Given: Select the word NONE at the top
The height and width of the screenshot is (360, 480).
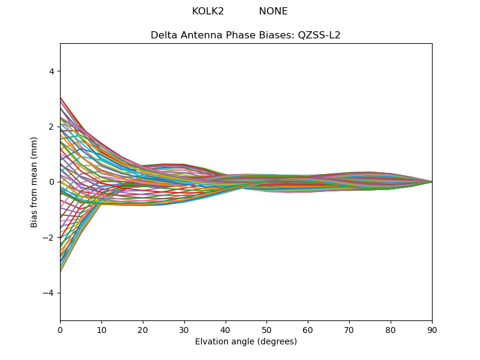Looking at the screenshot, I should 273,11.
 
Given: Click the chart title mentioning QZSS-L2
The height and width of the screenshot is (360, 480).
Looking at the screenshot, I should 245,35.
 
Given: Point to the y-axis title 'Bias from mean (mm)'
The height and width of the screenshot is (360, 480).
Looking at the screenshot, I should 35,182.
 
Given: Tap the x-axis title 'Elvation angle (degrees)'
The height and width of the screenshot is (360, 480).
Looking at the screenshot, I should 245,342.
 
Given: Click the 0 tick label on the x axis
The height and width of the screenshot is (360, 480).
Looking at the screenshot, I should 60,329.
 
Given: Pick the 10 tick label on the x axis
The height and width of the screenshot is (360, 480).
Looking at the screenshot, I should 101,329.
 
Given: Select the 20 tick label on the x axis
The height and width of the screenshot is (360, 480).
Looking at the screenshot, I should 143,329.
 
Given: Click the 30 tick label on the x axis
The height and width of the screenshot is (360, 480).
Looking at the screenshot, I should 184,329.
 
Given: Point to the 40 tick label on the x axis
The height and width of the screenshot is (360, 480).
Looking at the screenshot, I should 226,329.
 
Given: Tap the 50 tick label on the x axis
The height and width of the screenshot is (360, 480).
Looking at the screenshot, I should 266,329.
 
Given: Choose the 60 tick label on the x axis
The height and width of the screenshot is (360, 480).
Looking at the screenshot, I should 308,329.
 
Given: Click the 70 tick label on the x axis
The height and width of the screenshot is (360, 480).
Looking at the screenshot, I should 349,329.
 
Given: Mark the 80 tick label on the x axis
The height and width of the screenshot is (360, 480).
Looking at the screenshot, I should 391,329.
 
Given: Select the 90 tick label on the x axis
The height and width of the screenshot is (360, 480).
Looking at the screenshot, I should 432,329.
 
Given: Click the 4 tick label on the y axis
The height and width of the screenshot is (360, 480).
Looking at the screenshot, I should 52,71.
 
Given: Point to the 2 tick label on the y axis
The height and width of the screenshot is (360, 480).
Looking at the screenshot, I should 52,127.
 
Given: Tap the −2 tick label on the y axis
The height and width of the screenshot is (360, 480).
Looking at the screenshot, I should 50,238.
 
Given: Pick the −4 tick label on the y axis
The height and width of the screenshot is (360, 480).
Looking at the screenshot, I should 50,293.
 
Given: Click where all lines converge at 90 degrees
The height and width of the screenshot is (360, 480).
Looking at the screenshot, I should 431,182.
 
